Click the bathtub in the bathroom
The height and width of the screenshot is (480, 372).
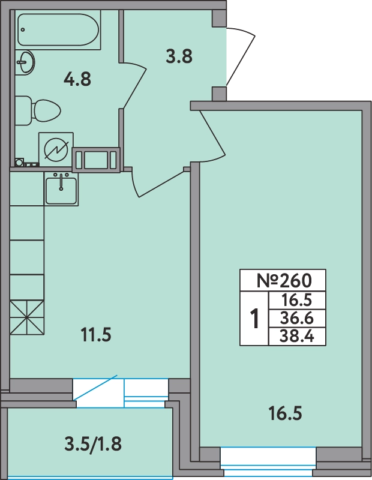pyautogui.click(x=58, y=29)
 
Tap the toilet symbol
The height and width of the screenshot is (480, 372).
pyautogui.click(x=38, y=110)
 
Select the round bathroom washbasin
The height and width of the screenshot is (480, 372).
pyautogui.click(x=25, y=62)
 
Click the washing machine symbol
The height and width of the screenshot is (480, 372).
pyautogui.click(x=56, y=149)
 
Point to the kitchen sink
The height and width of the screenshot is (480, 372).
pyautogui.click(x=61, y=189)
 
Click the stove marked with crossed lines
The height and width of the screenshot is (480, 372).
pyautogui.click(x=27, y=317)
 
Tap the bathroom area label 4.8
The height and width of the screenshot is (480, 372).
pyautogui.click(x=77, y=79)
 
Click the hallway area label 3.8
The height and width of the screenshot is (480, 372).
pyautogui.click(x=179, y=56)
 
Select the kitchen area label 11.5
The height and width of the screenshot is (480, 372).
pyautogui.click(x=96, y=335)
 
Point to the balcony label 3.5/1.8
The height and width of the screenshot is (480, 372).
pyautogui.click(x=93, y=443)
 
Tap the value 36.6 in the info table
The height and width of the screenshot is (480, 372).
pyautogui.click(x=296, y=319)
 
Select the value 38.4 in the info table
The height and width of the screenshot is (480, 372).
pyautogui.click(x=296, y=337)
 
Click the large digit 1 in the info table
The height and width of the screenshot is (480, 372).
pyautogui.click(x=254, y=319)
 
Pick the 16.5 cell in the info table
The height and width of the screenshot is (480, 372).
pyautogui.click(x=296, y=301)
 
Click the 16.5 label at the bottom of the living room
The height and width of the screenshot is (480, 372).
pyautogui.click(x=285, y=413)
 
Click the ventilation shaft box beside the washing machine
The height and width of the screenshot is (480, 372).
pyautogui.click(x=96, y=160)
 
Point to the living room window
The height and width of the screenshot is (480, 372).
pyautogui.click(x=268, y=462)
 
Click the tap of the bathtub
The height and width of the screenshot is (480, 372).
pyautogui.click(x=23, y=29)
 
